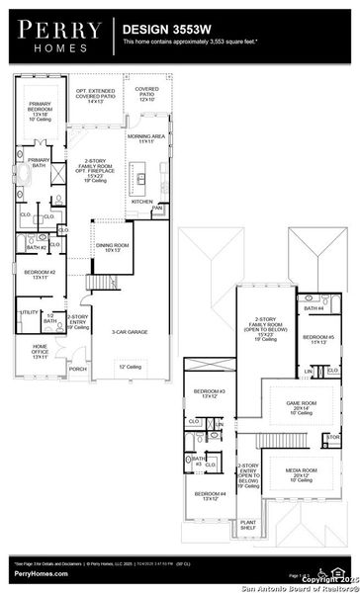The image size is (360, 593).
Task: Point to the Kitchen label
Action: click(142, 201)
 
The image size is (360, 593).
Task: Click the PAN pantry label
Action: click(157, 208)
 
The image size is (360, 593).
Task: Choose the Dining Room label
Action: click(109, 248)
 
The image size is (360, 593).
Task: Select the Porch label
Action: click(78, 371)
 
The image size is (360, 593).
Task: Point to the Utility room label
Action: click(29, 312)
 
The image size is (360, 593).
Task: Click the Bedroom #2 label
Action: click(40, 274)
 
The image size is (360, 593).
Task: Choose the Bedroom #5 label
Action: click(317, 339)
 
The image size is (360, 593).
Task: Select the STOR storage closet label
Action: click(331, 436)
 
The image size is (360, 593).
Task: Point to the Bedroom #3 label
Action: click(210, 393)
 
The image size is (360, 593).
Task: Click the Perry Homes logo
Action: click(54, 33)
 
